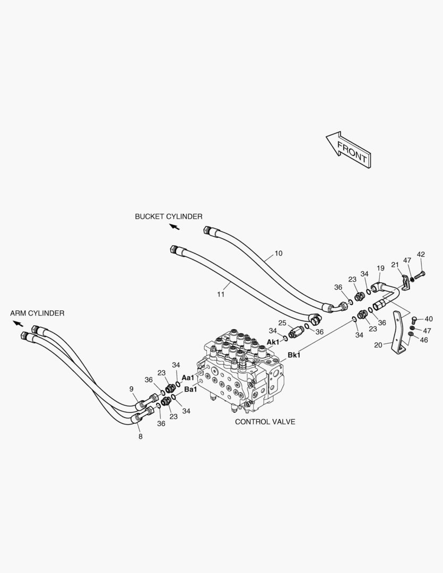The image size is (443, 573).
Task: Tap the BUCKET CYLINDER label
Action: click(169, 216)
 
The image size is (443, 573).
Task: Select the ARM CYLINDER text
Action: click(37, 313)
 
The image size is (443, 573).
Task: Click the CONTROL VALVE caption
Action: click(265, 422)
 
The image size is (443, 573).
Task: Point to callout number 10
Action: click(279, 253)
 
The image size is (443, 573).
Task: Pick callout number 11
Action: click(221, 294)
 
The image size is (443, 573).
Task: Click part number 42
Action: click(421, 254)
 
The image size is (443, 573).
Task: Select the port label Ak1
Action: click(273, 342)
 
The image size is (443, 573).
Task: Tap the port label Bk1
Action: click(294, 355)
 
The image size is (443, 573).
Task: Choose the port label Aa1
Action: click(188, 378)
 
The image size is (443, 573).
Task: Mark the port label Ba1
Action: click(190, 389)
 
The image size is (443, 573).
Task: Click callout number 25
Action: click(282, 323)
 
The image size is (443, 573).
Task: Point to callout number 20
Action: click(378, 345)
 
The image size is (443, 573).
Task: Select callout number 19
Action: click(380, 268)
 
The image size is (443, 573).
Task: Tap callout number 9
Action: click(132, 389)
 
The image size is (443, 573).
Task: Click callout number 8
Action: click(141, 436)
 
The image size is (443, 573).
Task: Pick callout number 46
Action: click(423, 340)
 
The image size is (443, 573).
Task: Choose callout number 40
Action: click(428, 319)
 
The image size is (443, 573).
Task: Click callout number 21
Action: click(395, 265)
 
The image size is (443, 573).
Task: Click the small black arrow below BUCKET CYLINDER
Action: click(175, 227)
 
